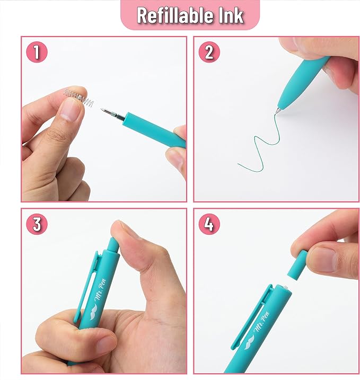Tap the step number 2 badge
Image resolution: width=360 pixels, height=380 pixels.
pos(209,52)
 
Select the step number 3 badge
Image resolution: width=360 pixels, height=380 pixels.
pos(37,224)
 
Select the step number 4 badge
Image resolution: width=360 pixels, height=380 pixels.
pos(209,224)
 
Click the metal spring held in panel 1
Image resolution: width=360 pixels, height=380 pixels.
pos(78,98)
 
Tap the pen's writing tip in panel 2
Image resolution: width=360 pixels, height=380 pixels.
pos(278,110)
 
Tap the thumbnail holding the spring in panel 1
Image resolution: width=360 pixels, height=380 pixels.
pos(68,109)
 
